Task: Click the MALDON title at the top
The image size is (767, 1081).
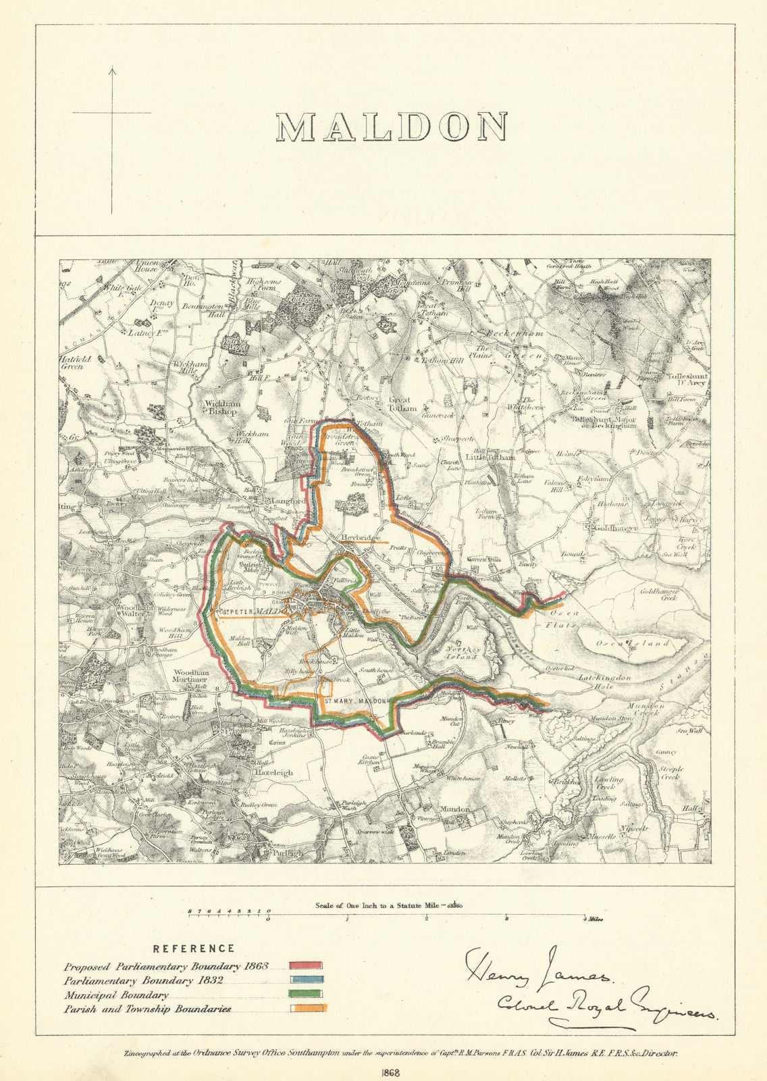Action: pyautogui.click(x=392, y=127)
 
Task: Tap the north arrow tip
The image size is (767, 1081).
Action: pyautogui.click(x=113, y=68)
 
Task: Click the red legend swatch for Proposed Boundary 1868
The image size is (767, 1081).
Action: pyautogui.click(x=307, y=966)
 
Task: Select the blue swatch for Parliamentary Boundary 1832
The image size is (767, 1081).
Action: pyautogui.click(x=307, y=980)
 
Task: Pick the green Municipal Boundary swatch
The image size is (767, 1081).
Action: pyautogui.click(x=307, y=995)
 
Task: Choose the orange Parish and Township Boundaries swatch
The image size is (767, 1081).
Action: pyautogui.click(x=308, y=1009)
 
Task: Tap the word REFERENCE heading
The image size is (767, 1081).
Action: pyautogui.click(x=194, y=949)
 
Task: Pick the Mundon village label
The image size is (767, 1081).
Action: pyautogui.click(x=454, y=808)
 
